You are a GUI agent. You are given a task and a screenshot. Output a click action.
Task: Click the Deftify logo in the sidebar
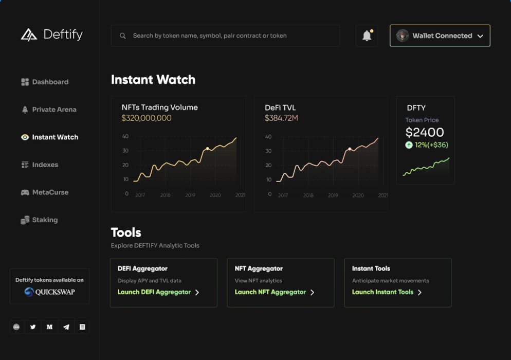pos(51,35)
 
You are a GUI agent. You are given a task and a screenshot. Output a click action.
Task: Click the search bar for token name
pos(225,36)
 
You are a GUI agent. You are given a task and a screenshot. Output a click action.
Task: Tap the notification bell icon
pos(367,36)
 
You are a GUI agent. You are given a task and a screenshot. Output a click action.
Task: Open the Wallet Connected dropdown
pos(440,36)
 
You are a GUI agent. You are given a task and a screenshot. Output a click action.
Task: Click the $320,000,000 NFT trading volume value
pos(147,118)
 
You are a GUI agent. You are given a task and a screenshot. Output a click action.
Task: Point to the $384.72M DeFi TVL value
pos(281,118)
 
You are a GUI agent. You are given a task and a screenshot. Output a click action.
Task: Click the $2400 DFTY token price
pos(424,133)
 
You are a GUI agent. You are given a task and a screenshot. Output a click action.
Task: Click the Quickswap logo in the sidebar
pos(49,292)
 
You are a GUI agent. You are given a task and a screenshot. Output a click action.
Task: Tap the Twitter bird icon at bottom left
pos(33,327)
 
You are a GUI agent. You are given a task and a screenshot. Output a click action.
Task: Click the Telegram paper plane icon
pos(66,327)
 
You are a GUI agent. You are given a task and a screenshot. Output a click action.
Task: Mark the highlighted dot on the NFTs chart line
pos(208,149)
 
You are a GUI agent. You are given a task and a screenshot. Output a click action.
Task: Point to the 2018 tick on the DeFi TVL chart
pos(308,195)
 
